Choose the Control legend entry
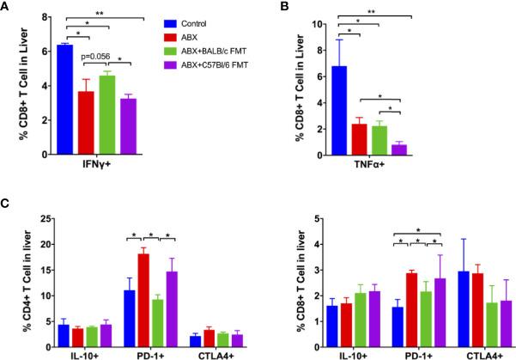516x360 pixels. coord(211,20)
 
